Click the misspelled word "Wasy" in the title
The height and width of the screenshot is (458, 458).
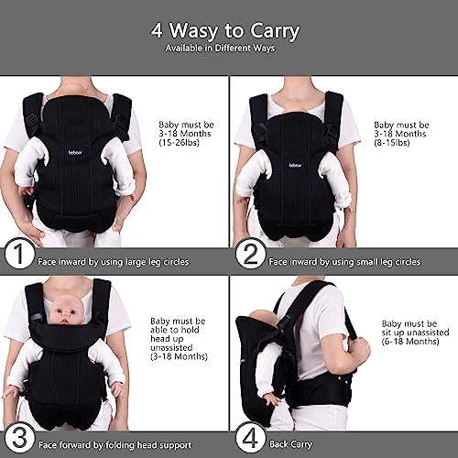point(194,30)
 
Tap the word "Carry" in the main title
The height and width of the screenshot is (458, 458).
point(275,32)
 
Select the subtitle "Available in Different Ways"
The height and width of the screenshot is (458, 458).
point(220,49)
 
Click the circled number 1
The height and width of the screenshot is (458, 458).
point(19,254)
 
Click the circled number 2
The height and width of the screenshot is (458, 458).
point(250,254)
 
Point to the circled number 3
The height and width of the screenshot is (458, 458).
point(19,438)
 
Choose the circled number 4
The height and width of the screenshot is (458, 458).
point(250,438)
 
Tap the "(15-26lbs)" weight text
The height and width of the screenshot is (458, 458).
point(180,143)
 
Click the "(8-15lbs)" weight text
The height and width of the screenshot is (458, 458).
point(392,143)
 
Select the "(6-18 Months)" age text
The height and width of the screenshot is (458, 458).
point(410,341)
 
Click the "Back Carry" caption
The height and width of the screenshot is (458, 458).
point(290,444)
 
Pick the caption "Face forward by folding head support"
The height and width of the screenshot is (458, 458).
point(114,445)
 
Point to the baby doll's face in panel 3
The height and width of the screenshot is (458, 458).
point(66,312)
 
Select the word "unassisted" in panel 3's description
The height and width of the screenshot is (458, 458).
point(171,347)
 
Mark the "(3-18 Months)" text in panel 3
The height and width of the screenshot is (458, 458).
point(179,356)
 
